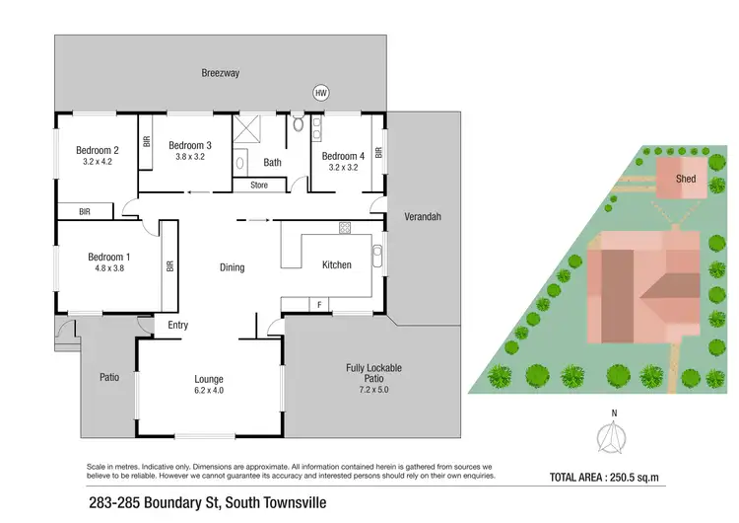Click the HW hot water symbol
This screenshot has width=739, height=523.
(x=320, y=93)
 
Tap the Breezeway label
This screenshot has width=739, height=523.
(x=221, y=73)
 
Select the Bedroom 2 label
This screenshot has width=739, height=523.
(x=97, y=151)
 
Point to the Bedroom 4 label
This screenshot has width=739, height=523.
(x=342, y=156)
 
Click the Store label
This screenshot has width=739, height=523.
(x=259, y=185)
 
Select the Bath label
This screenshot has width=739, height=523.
(x=272, y=163)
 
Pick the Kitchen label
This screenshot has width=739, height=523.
(x=337, y=264)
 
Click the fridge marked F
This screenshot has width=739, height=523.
(x=319, y=304)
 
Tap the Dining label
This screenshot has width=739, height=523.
(x=232, y=267)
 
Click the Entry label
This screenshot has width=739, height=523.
(x=178, y=326)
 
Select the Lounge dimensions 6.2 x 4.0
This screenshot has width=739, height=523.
(x=209, y=391)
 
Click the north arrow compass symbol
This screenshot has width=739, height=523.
(x=613, y=435)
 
